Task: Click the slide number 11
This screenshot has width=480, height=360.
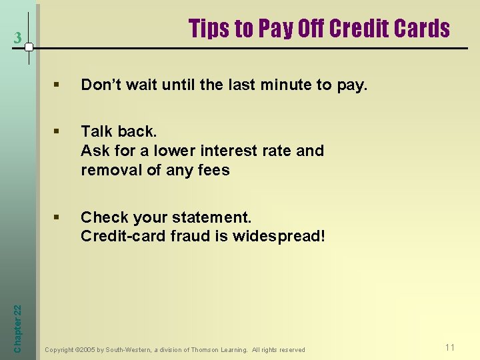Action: (x=450, y=347)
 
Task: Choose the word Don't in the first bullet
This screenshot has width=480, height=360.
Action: (x=101, y=85)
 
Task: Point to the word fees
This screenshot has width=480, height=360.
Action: (x=213, y=170)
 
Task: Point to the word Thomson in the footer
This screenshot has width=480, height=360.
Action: (x=206, y=349)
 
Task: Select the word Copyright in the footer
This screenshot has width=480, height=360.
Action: (x=59, y=349)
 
